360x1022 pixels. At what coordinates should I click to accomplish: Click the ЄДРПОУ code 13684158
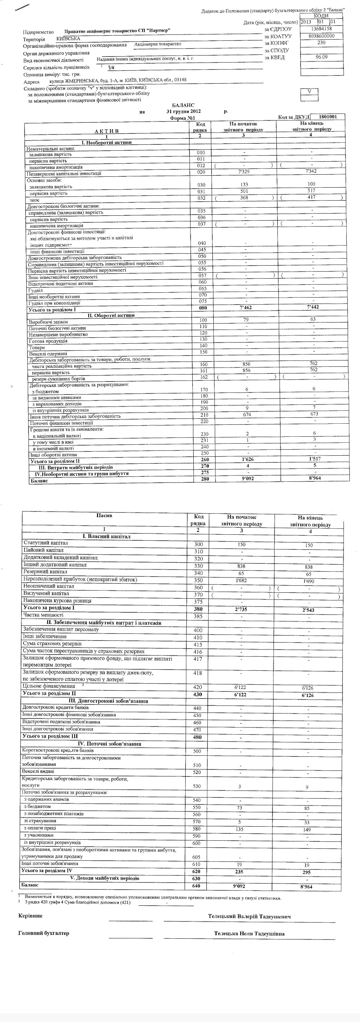[321, 28]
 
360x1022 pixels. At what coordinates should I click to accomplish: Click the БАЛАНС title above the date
[184, 105]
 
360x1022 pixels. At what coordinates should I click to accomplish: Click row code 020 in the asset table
[201, 172]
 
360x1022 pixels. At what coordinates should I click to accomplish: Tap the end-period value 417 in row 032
[311, 197]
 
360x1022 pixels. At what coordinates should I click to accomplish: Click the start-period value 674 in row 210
[247, 415]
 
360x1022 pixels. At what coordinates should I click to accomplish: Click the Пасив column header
[104, 515]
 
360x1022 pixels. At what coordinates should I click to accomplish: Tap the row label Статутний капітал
[46, 543]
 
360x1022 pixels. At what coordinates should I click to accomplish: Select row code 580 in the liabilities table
[197, 829]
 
